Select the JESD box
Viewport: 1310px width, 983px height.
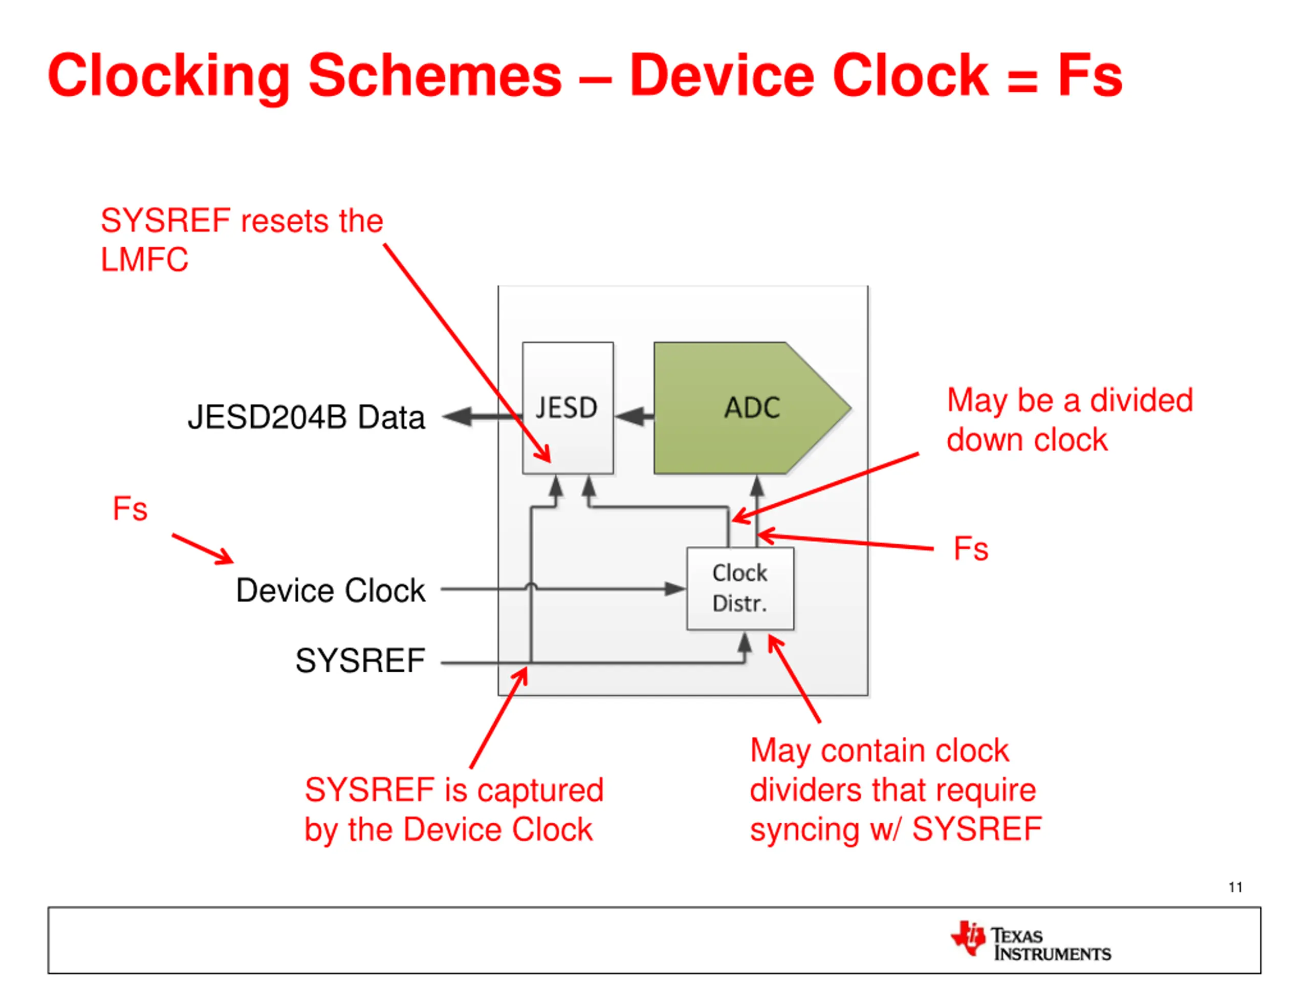(x=567, y=408)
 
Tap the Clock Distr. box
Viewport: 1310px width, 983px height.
(x=739, y=588)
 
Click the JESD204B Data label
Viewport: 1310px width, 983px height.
(x=306, y=417)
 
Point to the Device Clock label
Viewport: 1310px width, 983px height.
(x=331, y=590)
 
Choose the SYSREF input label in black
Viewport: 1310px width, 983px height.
(x=360, y=660)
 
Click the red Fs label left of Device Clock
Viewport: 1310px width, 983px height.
(x=129, y=509)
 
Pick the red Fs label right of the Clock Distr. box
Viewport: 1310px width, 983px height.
(x=971, y=549)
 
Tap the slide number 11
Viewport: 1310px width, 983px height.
(x=1235, y=887)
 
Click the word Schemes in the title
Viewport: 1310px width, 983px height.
(x=434, y=76)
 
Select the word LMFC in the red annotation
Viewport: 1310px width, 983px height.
(x=144, y=260)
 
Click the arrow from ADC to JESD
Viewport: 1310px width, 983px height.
(x=634, y=416)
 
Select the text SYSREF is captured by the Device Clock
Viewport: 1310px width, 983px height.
(x=454, y=809)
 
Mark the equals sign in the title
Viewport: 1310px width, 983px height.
(x=1023, y=80)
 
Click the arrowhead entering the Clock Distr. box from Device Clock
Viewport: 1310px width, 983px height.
(x=675, y=589)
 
